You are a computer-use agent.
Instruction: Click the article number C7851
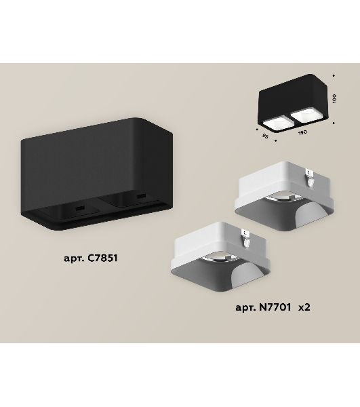(x=102, y=258)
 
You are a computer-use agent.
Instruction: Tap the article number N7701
(x=275, y=307)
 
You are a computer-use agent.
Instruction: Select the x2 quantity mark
(x=304, y=307)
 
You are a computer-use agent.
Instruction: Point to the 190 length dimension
(x=302, y=132)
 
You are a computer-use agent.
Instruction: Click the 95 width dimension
(x=265, y=136)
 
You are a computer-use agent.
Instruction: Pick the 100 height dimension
(x=334, y=98)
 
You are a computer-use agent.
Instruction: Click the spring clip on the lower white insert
(x=246, y=237)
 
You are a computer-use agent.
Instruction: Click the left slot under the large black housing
(x=80, y=208)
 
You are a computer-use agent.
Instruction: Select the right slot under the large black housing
(x=141, y=195)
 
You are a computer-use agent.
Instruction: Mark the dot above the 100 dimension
(x=334, y=75)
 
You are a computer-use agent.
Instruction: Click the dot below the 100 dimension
(x=334, y=123)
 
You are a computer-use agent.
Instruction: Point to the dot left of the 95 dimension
(x=257, y=129)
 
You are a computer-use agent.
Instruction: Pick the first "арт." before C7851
(x=74, y=258)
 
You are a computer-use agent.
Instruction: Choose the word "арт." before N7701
(x=246, y=308)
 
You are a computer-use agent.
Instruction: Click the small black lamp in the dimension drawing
(x=293, y=104)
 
